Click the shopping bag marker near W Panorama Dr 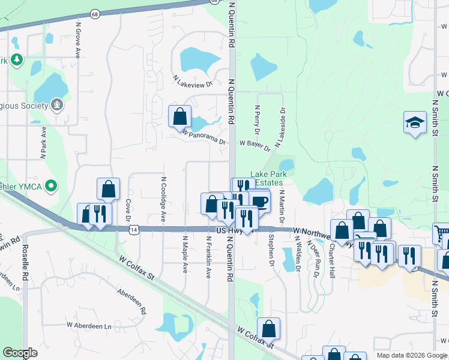pos(179,116)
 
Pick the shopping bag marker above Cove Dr pos(108,188)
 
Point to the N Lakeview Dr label pos(193,81)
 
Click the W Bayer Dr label pos(255,145)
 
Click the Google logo pos(20,353)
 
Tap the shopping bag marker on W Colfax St pos(269,328)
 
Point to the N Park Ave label pos(43,142)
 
